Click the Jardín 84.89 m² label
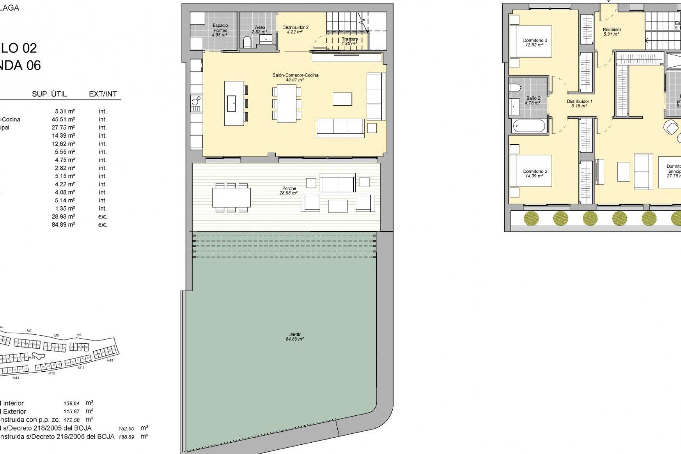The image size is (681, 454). tap(295, 337)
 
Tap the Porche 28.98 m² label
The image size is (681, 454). tap(289, 190)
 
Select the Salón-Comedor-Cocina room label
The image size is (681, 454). tap(295, 77)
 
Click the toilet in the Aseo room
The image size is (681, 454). tap(247, 43)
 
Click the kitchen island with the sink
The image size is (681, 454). tap(234, 103)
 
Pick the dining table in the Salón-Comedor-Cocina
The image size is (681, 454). tap(287, 104)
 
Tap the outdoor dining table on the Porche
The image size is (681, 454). tap(231, 198)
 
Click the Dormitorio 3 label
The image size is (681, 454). tap(535, 43)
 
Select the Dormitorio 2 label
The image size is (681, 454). tap(535, 173)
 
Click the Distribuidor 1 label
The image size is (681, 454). tap(579, 104)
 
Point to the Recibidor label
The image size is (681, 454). tap(612, 32)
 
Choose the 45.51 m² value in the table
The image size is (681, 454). tap(63, 120)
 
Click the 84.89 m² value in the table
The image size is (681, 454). tap(63, 225)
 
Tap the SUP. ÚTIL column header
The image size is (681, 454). tap(49, 94)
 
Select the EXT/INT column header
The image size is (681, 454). tap(103, 94)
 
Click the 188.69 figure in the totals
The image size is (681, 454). tap(126, 437)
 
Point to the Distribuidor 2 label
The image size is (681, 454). tap(295, 29)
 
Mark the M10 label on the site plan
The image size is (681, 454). tap(110, 360)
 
